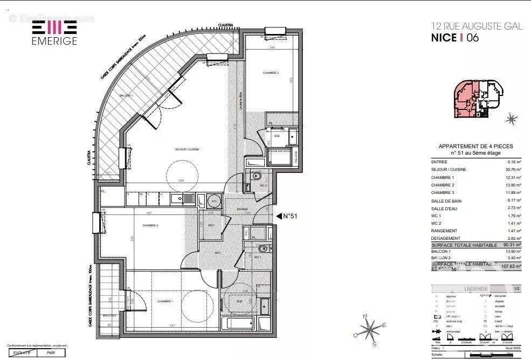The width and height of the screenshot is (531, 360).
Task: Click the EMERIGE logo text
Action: click(54, 41)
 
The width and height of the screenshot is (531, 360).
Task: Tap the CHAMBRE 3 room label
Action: click(271, 73)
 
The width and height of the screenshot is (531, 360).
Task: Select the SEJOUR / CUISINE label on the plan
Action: click(187, 149)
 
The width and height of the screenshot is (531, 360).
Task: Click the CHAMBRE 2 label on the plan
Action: click(150, 225)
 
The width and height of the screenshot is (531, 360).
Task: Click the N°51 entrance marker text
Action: click(291, 216)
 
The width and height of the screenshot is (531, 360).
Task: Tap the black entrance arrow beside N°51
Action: click(279, 216)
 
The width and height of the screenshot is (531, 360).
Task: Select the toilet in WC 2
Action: click(257, 176)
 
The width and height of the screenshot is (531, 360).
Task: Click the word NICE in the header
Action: click(443, 38)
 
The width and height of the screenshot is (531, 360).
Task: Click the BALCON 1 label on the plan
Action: click(126, 95)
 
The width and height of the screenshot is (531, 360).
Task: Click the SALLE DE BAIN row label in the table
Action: click(446, 200)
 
